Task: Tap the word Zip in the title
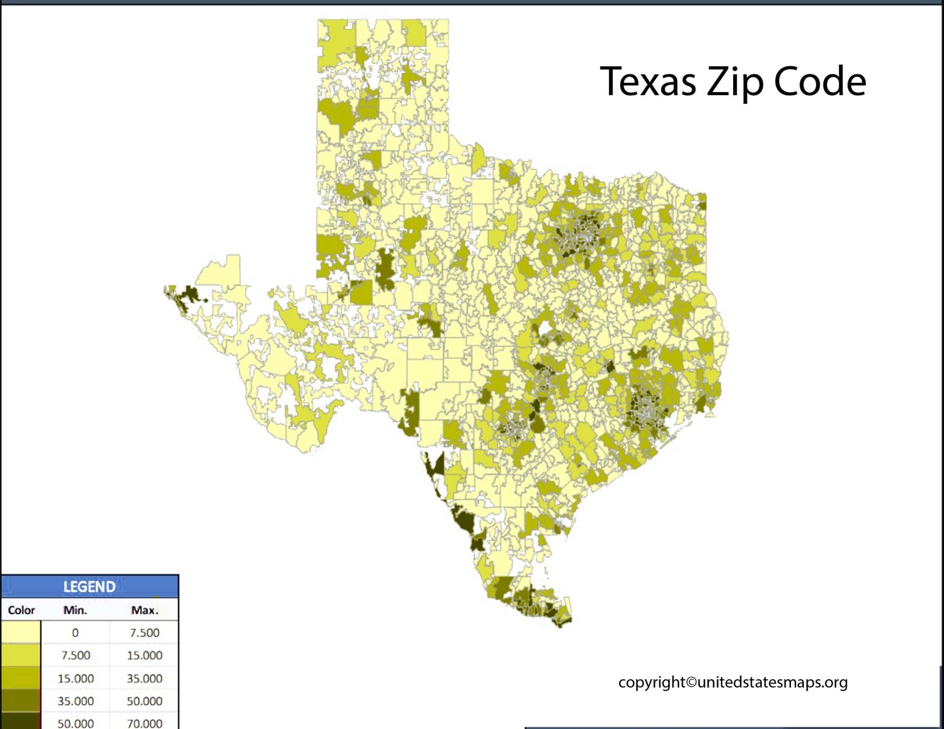pos(734,82)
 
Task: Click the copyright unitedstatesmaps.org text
pos(733,682)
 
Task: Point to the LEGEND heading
pos(90,587)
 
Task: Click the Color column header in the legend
pos(22,610)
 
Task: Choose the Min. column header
pos(75,610)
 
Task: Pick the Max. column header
pos(144,610)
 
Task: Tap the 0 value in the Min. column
pos(75,633)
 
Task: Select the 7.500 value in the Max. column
pos(144,633)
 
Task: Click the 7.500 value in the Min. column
pos(76,655)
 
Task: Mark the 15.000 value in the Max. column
pos(144,655)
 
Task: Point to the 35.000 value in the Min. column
pos(76,701)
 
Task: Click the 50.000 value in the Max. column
pos(144,701)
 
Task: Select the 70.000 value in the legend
pos(144,723)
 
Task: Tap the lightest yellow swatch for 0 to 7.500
pos(21,632)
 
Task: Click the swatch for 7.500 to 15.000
pos(21,655)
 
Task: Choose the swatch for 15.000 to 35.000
pos(21,678)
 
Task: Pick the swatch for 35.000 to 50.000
pos(21,701)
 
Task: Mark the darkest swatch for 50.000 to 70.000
pos(21,721)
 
